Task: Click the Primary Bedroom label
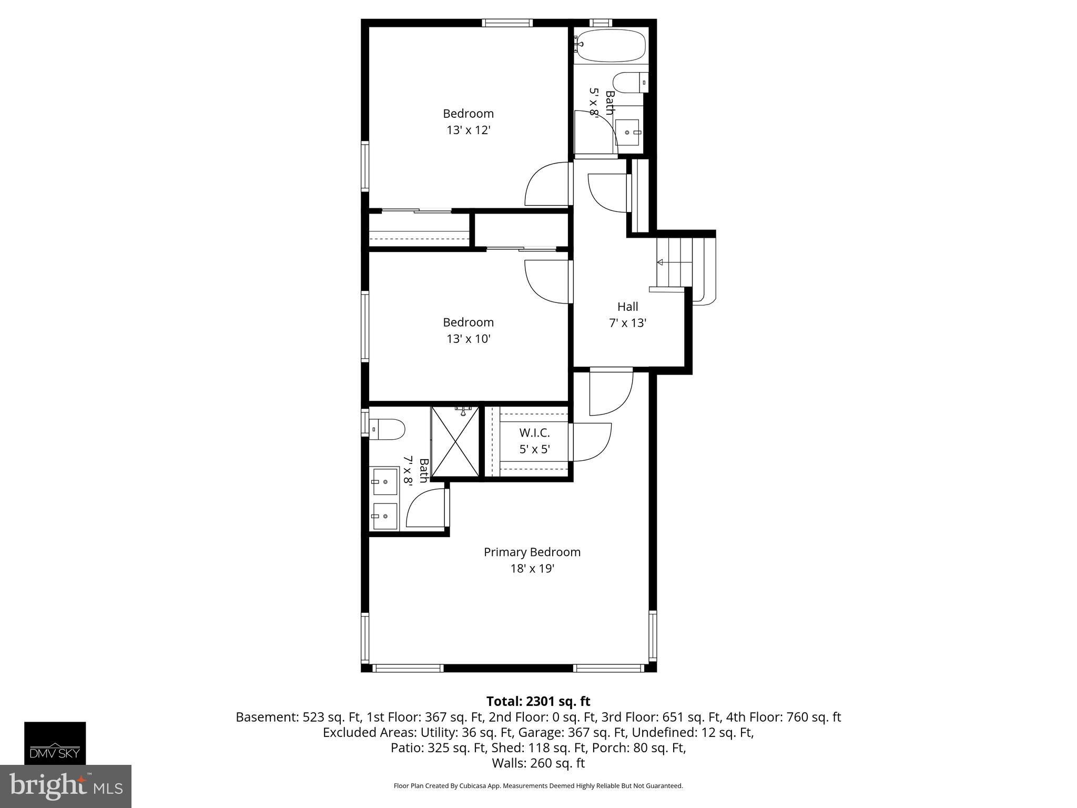click(532, 552)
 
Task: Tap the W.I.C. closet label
click(534, 433)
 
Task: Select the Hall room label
click(627, 307)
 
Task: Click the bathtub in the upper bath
click(610, 45)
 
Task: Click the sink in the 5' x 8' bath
click(627, 132)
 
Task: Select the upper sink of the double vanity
click(385, 481)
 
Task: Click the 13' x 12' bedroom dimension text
click(469, 130)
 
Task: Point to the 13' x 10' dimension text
click(469, 339)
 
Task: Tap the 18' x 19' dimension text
click(532, 569)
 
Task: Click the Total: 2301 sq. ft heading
click(538, 701)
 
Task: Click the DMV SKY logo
click(55, 743)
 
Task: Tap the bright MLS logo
click(65, 786)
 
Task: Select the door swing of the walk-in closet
click(592, 442)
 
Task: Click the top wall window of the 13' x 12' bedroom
click(507, 23)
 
